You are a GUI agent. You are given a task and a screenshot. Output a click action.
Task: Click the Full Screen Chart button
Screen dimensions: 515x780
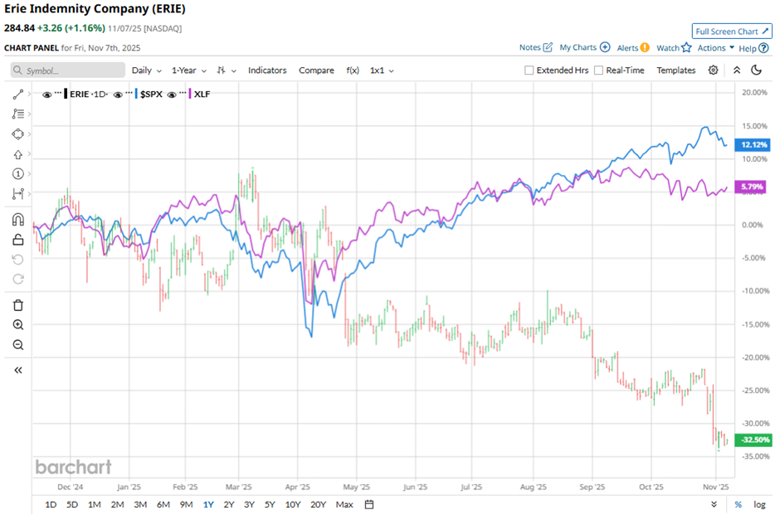pyautogui.click(x=732, y=31)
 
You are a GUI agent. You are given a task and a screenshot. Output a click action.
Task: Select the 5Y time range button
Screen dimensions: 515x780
pyautogui.click(x=270, y=504)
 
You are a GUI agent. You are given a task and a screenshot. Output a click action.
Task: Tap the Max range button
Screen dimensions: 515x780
pyautogui.click(x=344, y=504)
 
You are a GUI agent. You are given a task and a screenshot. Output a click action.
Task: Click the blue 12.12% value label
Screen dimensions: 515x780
pyautogui.click(x=753, y=144)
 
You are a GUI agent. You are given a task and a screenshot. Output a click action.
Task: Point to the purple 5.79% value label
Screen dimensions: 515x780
pyautogui.click(x=753, y=188)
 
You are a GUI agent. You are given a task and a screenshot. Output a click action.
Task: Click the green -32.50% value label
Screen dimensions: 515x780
pyautogui.click(x=753, y=440)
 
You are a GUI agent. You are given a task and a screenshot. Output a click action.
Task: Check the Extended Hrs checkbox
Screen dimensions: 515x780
pyautogui.click(x=529, y=70)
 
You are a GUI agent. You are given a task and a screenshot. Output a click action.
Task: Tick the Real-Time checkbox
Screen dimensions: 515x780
pyautogui.click(x=599, y=70)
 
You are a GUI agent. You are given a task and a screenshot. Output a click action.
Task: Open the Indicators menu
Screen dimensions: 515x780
pyautogui.click(x=267, y=70)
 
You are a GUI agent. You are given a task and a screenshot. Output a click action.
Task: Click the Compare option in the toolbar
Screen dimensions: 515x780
pyautogui.click(x=316, y=70)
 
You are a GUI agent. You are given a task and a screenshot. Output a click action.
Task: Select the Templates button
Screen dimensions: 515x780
pyautogui.click(x=676, y=70)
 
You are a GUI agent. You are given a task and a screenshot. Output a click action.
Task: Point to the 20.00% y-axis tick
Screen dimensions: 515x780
pyautogui.click(x=753, y=92)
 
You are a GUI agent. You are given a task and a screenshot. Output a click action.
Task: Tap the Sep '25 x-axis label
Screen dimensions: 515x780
pyautogui.click(x=592, y=488)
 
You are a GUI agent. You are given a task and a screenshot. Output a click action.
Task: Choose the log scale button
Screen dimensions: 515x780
pyautogui.click(x=759, y=504)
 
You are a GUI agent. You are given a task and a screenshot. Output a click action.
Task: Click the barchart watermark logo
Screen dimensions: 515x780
pyautogui.click(x=73, y=467)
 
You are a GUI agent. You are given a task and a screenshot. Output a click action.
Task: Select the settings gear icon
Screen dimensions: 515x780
pyautogui.click(x=713, y=70)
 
